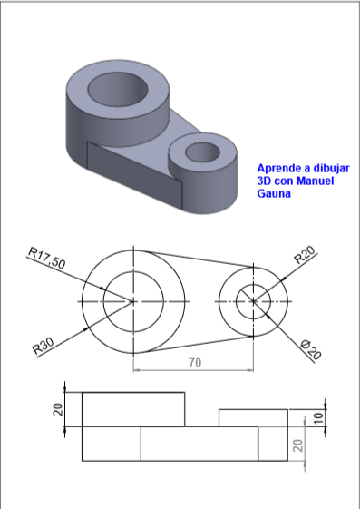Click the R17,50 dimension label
point(47,258)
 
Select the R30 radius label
point(44,346)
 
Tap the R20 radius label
point(305,255)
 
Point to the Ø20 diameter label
point(311,349)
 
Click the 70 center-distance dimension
point(195,363)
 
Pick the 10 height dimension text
point(319,417)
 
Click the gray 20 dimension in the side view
point(297,445)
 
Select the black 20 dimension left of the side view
point(58,410)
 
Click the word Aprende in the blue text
point(279,169)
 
